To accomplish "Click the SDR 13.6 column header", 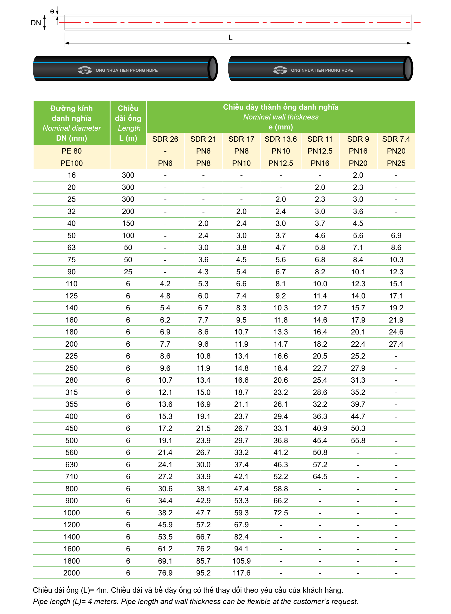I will coord(280,139).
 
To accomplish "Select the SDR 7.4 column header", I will coord(396,139).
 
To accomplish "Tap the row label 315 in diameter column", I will coord(72,392).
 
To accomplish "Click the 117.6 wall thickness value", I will coord(241,573).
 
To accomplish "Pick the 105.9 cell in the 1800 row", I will coord(241,561).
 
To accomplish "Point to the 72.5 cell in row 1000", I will coord(280,513).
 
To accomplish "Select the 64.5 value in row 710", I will coord(320,477).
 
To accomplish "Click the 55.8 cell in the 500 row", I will coord(358,440).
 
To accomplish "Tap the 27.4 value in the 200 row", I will coord(396,344).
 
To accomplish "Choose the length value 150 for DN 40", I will coord(128,223).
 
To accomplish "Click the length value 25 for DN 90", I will coord(128,272).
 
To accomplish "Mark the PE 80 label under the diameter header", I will coord(72,151).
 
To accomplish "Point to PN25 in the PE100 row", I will coord(396,163).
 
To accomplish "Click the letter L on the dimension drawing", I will coord(230,38).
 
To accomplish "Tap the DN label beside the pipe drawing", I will coord(36,23).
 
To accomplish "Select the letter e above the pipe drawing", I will coord(52,11).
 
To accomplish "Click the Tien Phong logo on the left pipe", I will coord(85,70).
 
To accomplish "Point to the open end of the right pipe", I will coord(408,69).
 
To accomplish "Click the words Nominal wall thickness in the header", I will coord(281,117).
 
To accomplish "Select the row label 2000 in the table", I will coord(72,573).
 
